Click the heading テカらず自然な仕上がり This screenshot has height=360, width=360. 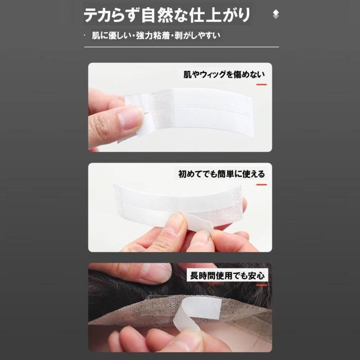coord(167,15)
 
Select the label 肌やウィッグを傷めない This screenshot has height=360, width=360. coord(224,73)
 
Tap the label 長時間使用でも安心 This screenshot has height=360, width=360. coord(227,276)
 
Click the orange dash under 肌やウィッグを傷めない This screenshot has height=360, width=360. coord(261,84)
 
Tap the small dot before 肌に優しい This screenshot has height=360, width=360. coord(85,35)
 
